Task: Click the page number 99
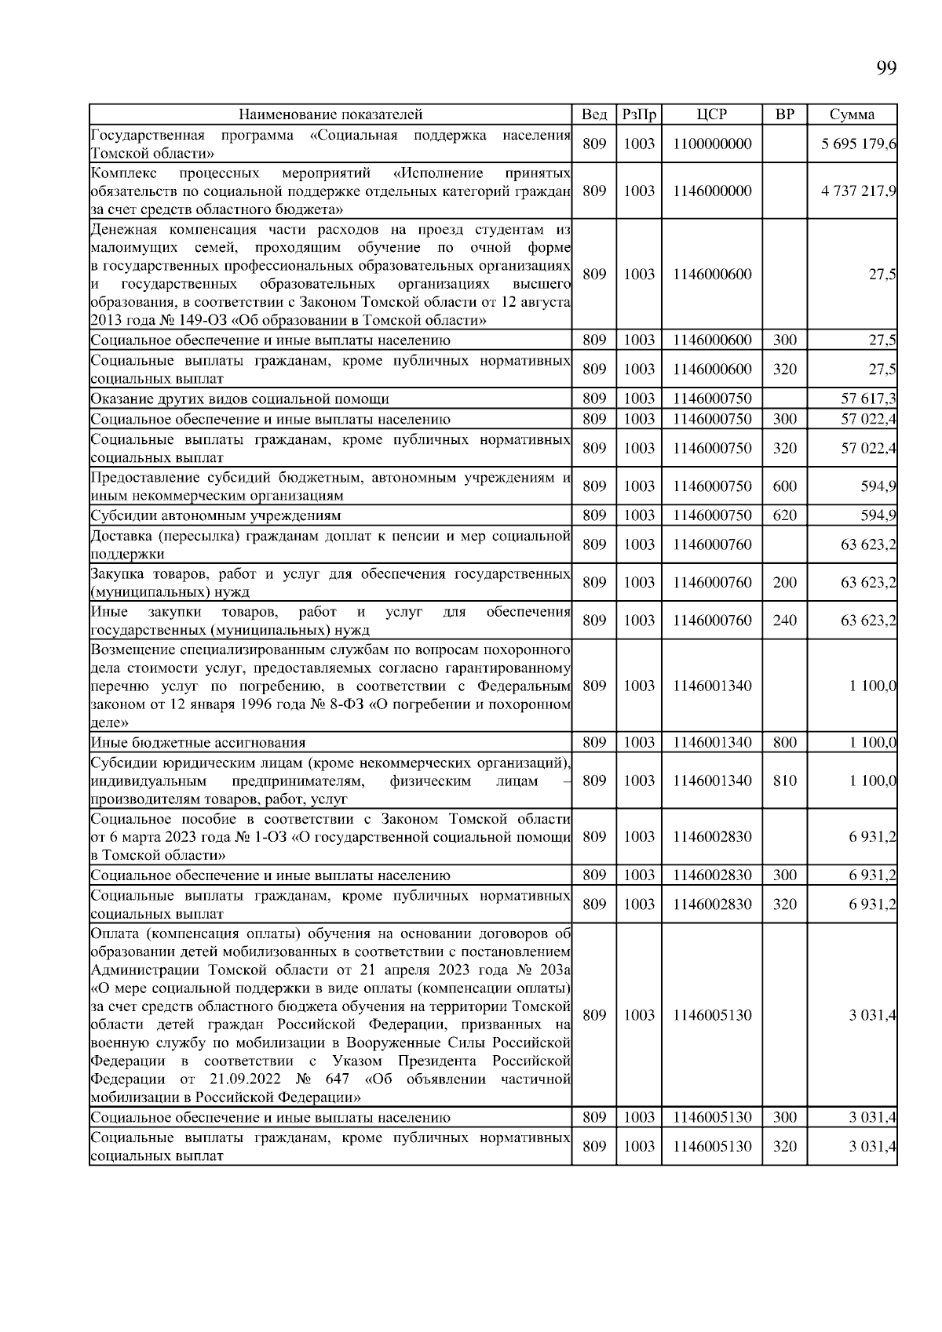coord(885,68)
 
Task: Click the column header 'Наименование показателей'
coord(330,115)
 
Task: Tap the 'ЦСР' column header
coord(711,115)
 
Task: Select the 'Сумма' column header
coord(852,115)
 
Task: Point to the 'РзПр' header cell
coord(638,115)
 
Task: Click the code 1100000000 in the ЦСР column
coord(711,144)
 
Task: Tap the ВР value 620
coord(784,515)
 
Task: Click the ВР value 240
coord(784,621)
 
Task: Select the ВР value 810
coord(784,781)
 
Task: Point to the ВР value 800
coord(784,742)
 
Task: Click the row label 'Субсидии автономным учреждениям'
coord(216,515)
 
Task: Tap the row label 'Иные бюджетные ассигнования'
coord(198,742)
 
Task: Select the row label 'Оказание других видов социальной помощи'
coord(239,399)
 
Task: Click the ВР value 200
coord(784,582)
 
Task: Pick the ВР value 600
coord(784,486)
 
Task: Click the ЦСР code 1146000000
coord(711,191)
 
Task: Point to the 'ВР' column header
coord(784,115)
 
